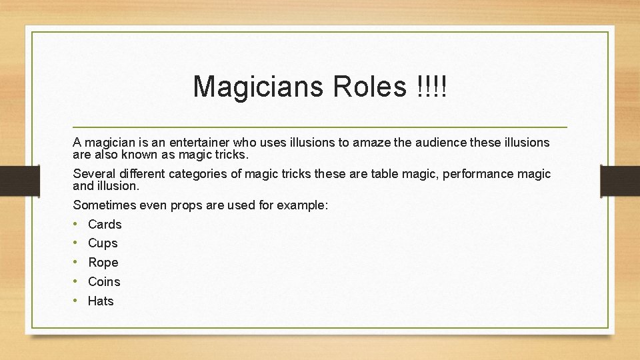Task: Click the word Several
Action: pos(95,175)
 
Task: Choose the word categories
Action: pos(199,175)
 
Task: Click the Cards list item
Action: pos(105,225)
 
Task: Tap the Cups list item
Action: pos(103,244)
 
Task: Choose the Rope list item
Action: pos(103,263)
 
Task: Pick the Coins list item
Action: pos(104,282)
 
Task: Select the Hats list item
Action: pos(101,301)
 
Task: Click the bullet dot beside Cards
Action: pos(77,225)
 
